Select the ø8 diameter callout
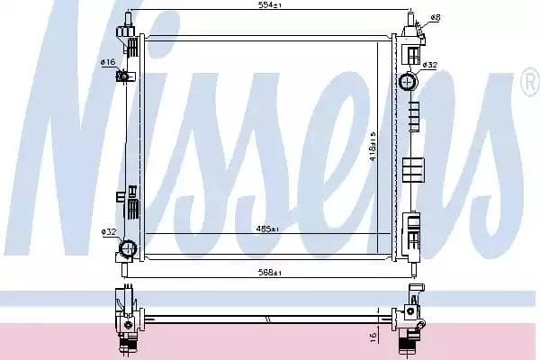pyautogui.click(x=436, y=17)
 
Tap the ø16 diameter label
pyautogui.click(x=107, y=62)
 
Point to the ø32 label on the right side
pyautogui.click(x=430, y=65)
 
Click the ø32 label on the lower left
pyautogui.click(x=109, y=231)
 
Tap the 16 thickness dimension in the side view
pyautogui.click(x=372, y=336)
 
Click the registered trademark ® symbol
pyautogui.click(x=528, y=82)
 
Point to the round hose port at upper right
pyautogui.click(x=407, y=83)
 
